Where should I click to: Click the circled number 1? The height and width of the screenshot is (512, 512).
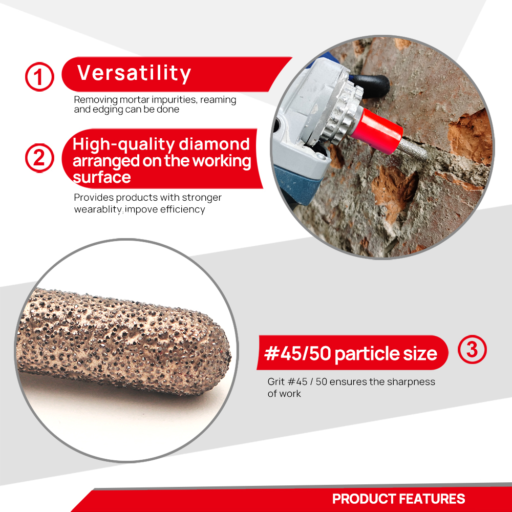coord(39,77)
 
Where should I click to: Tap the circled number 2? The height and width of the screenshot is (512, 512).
coord(39,158)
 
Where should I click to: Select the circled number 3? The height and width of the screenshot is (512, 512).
coord(472,349)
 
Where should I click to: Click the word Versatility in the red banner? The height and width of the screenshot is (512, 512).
coord(134,73)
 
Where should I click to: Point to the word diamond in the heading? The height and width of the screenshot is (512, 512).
coord(214,144)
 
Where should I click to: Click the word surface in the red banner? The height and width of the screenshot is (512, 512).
coord(101,177)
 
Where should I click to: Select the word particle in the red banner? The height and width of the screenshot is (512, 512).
coord(366,354)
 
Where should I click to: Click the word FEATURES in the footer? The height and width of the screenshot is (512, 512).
coord(432,499)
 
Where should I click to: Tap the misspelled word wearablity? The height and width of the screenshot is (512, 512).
coord(98,209)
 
